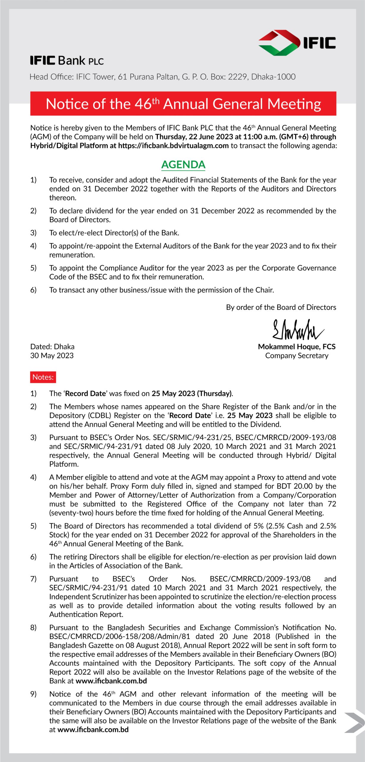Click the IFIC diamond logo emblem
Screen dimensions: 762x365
pyautogui.click(x=279, y=43)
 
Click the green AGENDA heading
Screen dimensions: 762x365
pyautogui.click(x=183, y=165)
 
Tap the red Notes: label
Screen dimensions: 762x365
pyautogui.click(x=43, y=377)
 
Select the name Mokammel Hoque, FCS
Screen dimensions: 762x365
pyautogui.click(x=297, y=346)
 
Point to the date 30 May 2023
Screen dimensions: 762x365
pyautogui.click(x=52, y=355)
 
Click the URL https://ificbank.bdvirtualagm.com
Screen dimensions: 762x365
pyautogui.click(x=173, y=146)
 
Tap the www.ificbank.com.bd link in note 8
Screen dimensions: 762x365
pyautogui.click(x=111, y=681)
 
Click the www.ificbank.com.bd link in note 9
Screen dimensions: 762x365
pyautogui.click(x=93, y=730)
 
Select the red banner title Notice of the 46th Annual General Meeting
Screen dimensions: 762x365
pyautogui.click(x=183, y=104)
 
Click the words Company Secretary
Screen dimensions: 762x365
pyautogui.click(x=297, y=355)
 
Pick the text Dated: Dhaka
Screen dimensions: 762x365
pyautogui.click(x=52, y=346)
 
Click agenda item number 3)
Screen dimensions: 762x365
pyautogui.click(x=33, y=233)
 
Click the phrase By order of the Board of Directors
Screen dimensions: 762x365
pyautogui.click(x=281, y=307)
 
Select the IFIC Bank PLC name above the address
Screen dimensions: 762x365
pyautogui.click(x=67, y=61)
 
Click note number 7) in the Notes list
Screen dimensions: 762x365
pyautogui.click(x=33, y=579)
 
